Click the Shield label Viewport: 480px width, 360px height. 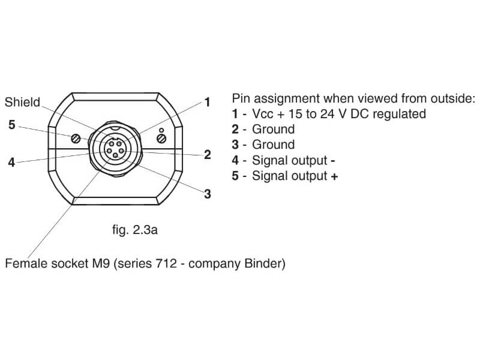pos(22,103)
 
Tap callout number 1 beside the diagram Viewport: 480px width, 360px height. pos(207,103)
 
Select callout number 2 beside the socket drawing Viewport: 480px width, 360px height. pos(208,155)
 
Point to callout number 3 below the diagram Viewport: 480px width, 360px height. pos(208,194)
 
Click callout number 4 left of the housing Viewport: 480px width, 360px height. pos(11,162)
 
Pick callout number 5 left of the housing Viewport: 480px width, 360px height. pos(11,125)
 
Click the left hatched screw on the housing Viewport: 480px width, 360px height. pos(76,139)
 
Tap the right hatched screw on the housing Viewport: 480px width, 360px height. pos(161,139)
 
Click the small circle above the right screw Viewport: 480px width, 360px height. pos(161,129)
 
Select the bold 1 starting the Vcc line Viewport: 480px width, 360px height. pos(235,114)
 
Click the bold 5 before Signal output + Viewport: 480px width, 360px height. pos(235,176)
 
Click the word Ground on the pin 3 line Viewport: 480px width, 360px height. pos(273,145)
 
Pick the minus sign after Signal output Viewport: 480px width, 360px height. pos(332,160)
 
